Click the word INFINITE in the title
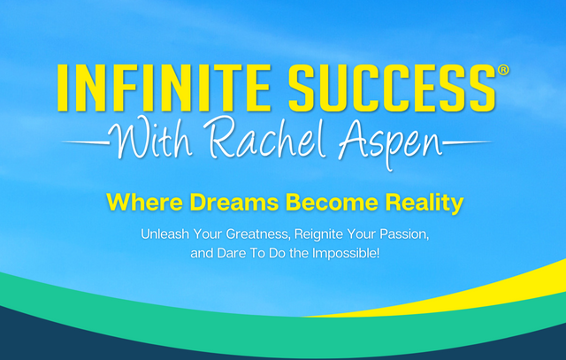pos(164,88)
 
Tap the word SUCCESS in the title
pos(393,88)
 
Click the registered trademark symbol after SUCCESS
pos(503,70)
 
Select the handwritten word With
pos(150,138)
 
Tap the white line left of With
pos(86,143)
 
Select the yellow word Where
pos(145,203)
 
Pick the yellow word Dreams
pos(234,203)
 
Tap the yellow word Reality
pos(424,204)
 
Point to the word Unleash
pos(165,234)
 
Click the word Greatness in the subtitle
pos(258,234)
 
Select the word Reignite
pos(318,235)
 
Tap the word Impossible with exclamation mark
pos(346,254)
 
